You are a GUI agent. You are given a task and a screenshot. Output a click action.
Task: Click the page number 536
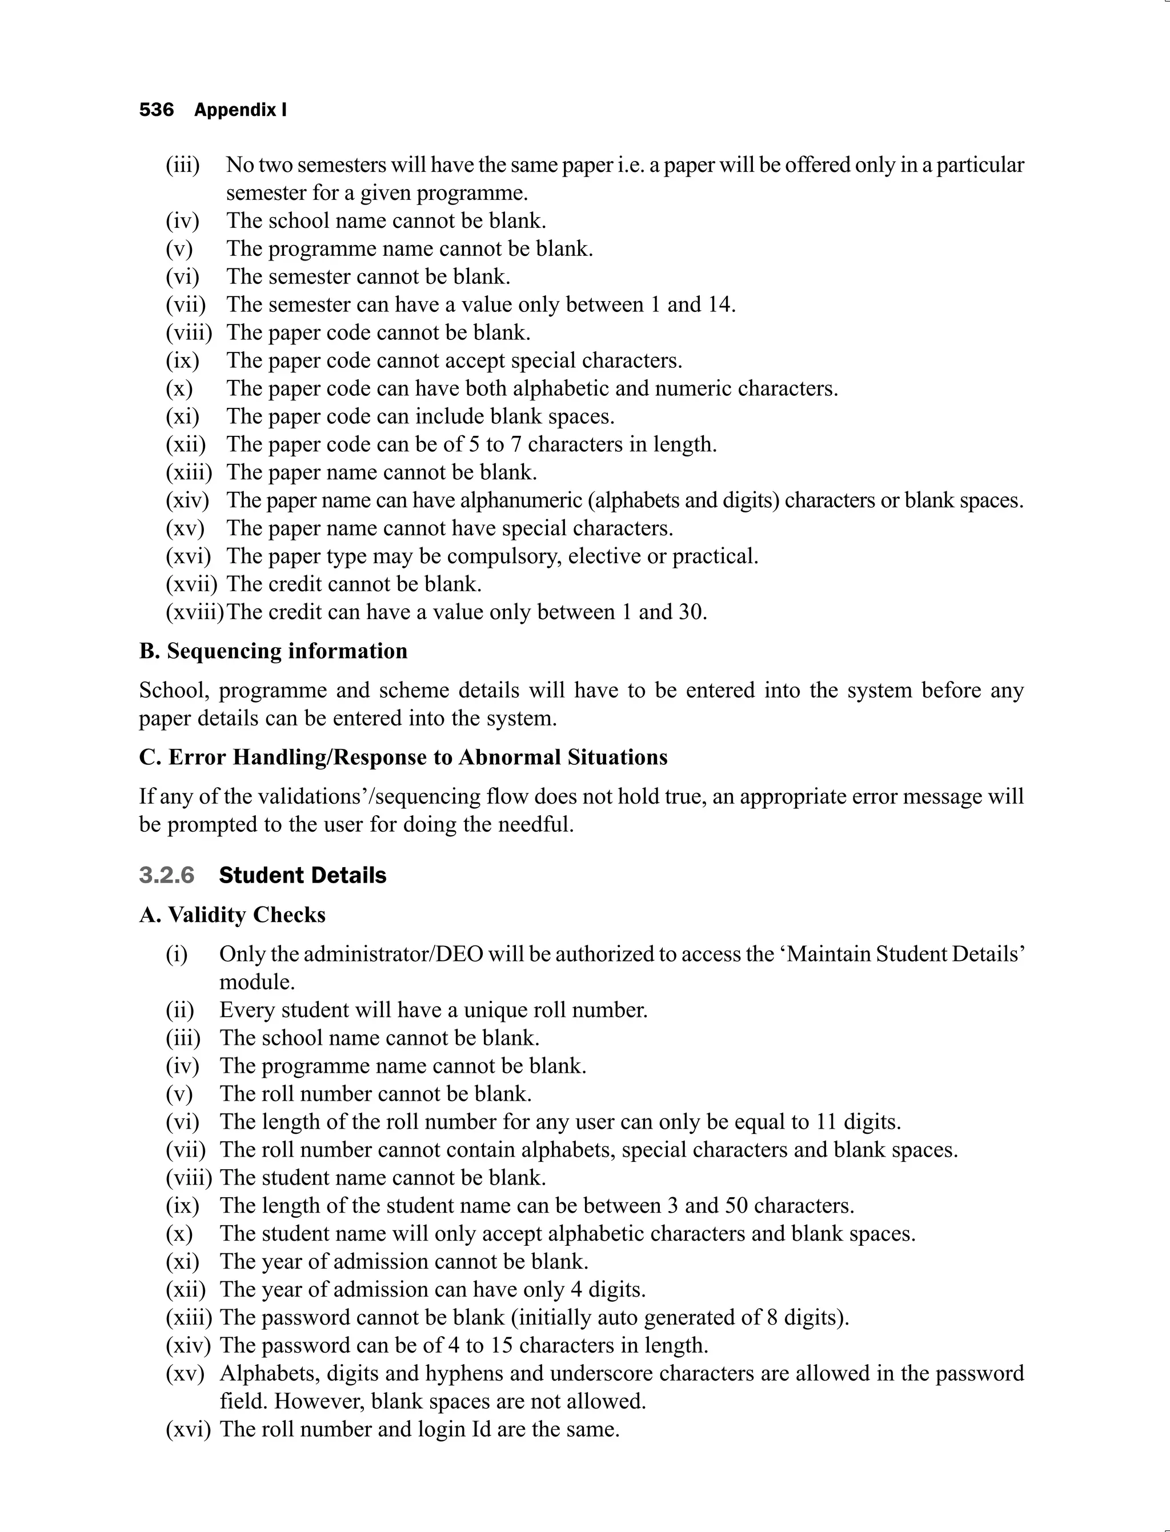(x=156, y=110)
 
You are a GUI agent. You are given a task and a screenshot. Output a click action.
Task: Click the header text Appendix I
(x=241, y=110)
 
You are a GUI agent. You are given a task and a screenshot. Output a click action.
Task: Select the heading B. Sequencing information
(x=273, y=651)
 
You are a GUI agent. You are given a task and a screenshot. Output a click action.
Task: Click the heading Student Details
(x=302, y=875)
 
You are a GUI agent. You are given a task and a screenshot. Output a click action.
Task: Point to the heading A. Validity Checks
(x=232, y=915)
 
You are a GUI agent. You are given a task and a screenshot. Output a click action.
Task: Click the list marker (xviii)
(x=194, y=612)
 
